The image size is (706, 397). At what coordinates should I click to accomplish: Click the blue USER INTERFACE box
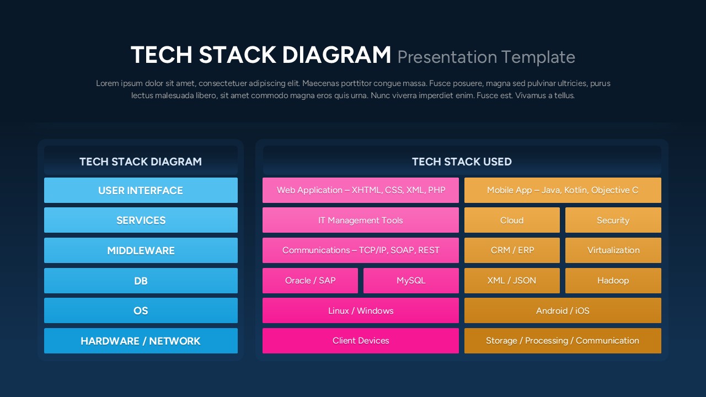(141, 190)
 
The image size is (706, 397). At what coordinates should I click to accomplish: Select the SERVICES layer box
(141, 220)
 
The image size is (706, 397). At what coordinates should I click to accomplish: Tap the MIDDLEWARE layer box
(141, 250)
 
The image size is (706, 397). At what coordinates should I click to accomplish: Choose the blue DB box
(141, 281)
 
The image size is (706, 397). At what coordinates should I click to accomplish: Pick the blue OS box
(141, 310)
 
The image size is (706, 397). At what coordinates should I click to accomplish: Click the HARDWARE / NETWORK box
(141, 341)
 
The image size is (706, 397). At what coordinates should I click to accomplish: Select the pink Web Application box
(361, 190)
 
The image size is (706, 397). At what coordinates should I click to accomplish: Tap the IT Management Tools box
(361, 220)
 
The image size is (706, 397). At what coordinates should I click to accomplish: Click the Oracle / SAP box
(310, 281)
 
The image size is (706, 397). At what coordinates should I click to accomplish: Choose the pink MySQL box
(411, 281)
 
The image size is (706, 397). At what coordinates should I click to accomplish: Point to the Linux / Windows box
(361, 310)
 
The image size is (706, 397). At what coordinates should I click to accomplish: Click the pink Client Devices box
(361, 341)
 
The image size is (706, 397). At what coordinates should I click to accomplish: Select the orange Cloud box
(512, 220)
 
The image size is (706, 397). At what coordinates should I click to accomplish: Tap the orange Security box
(613, 220)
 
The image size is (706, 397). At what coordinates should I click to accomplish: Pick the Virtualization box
(613, 250)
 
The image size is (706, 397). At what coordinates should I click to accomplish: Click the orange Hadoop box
(613, 281)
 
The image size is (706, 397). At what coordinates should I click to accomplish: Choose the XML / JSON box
(512, 281)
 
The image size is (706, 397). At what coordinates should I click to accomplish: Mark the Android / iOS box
(563, 310)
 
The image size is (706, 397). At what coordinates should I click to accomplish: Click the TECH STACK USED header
(462, 162)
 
